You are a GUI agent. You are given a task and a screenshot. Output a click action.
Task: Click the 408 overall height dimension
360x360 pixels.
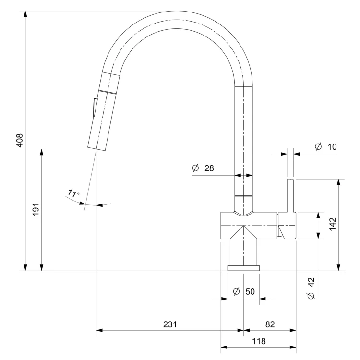pyautogui.click(x=20, y=140)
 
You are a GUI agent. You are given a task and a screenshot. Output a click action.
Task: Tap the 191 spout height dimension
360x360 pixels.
pyautogui.click(x=36, y=209)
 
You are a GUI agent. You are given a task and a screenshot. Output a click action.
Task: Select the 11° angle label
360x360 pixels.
pyautogui.click(x=74, y=193)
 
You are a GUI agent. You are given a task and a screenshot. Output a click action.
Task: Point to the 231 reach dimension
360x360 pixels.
pyautogui.click(x=170, y=324)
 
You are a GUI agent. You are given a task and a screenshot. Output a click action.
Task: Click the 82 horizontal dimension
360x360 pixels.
pyautogui.click(x=270, y=324)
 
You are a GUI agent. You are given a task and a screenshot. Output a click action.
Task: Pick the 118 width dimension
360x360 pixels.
pyautogui.click(x=259, y=341)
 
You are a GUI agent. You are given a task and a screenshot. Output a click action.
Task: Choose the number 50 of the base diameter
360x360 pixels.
pyautogui.click(x=250, y=291)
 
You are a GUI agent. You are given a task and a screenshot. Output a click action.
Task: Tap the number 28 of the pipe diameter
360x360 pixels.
pyautogui.click(x=209, y=168)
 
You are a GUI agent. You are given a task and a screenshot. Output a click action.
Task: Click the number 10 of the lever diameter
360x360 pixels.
pyautogui.click(x=332, y=147)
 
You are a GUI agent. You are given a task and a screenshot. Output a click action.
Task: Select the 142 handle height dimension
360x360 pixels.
pyautogui.click(x=333, y=224)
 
